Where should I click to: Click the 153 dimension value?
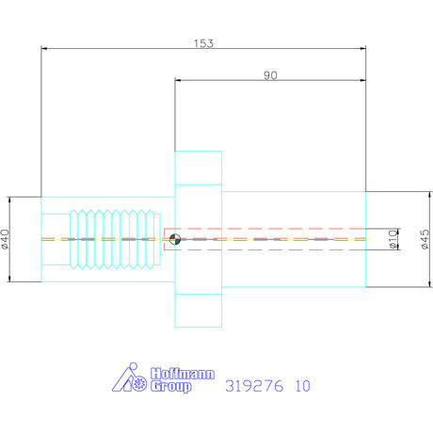[203, 42]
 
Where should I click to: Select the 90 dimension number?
[270, 77]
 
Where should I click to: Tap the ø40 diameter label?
[8, 239]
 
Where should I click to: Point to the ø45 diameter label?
[425, 239]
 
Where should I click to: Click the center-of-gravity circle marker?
[174, 239]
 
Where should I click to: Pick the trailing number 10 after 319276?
[301, 386]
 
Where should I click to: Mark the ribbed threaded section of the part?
[118, 239]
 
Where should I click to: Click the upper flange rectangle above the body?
[198, 169]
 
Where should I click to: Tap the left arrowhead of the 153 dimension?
[45, 48]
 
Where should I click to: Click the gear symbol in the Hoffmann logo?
[138, 384]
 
